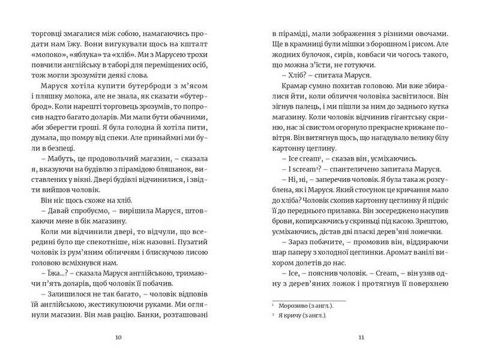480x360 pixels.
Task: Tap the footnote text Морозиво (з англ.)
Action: (x=300, y=306)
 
